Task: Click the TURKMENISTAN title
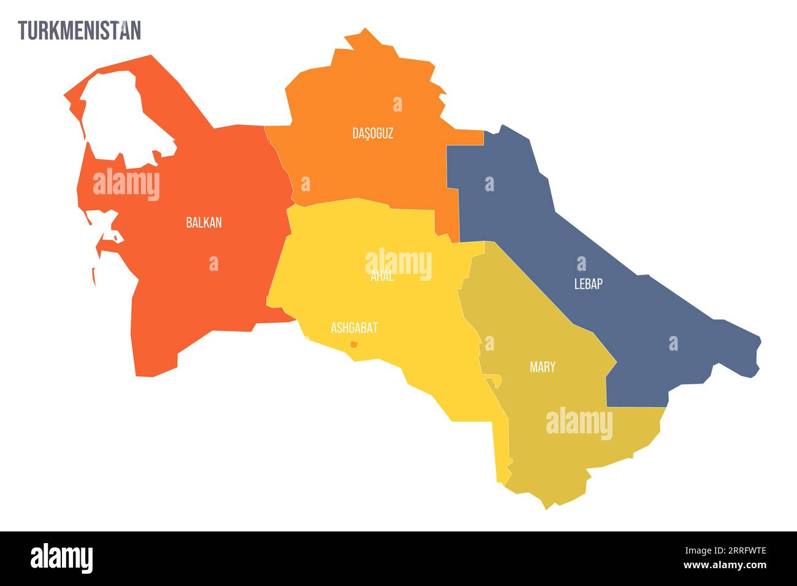coord(79,30)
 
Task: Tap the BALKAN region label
coord(204,223)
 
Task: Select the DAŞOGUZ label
coord(373,133)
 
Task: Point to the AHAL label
coord(382,277)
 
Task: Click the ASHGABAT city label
coord(354,328)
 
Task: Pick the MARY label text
coord(542,367)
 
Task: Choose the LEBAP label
coord(588,284)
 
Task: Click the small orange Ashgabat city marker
coord(353,344)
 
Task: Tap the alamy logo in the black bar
coord(62,558)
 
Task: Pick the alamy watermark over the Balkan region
coord(126,184)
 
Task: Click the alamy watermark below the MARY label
coord(579,424)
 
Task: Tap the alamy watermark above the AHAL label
coord(398,264)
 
